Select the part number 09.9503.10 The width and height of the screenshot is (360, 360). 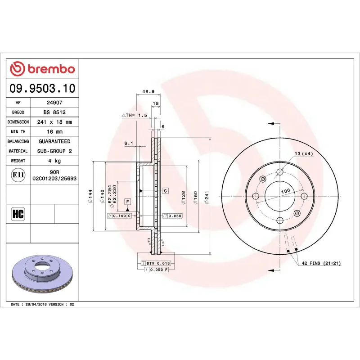point(43,88)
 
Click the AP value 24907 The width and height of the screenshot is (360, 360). point(54,103)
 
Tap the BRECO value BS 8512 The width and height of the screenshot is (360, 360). point(54,112)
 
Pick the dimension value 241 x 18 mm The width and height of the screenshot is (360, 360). point(54,122)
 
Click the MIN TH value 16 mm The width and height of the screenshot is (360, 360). point(54,132)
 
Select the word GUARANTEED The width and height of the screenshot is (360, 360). point(54,141)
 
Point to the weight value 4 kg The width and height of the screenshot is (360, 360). point(54,161)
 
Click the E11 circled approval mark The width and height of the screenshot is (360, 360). point(18,175)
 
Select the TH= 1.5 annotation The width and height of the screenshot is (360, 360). point(135,115)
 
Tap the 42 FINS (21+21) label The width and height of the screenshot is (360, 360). point(321,263)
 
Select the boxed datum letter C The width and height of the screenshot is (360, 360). point(165,191)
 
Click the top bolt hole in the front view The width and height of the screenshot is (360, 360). point(280,171)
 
